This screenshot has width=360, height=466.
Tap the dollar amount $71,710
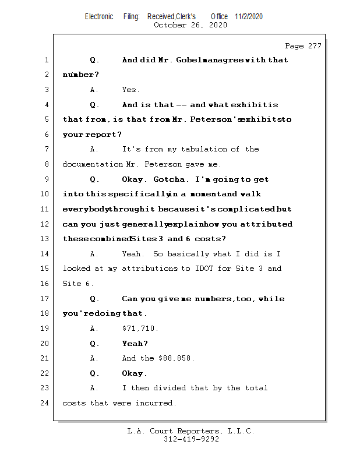(140, 329)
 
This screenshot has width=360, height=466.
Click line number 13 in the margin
(46, 239)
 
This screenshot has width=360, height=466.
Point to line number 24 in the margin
(46, 403)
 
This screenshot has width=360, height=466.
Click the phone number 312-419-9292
(191, 440)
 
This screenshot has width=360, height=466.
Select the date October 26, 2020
(190, 25)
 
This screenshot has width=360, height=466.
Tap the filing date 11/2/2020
(249, 16)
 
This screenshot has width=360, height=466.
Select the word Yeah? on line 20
(135, 344)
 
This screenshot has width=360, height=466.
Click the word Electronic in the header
(99, 16)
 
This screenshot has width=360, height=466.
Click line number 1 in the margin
(46, 60)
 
